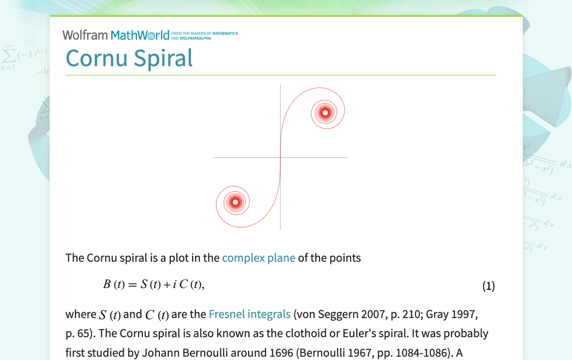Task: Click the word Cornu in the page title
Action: (96, 58)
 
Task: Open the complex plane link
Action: (259, 258)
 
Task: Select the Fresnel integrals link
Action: (249, 314)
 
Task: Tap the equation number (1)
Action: (488, 286)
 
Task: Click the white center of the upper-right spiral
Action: (325, 113)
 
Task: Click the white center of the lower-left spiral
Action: (235, 202)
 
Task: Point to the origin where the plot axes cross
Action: (281, 158)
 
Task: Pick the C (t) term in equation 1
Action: (189, 284)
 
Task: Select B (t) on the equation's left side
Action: (113, 284)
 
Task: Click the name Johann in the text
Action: (160, 353)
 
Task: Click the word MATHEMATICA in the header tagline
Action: (225, 33)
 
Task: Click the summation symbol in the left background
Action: (8, 54)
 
